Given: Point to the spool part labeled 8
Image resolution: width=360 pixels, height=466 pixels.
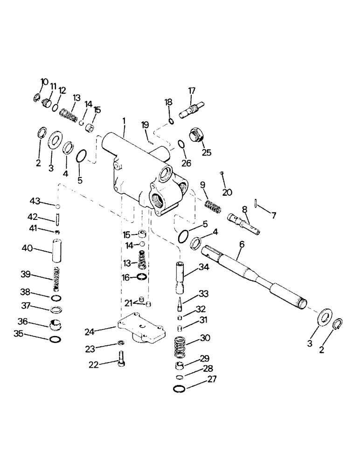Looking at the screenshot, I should [x=242, y=223].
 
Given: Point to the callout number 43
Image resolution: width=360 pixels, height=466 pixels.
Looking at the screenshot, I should [x=35, y=201].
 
